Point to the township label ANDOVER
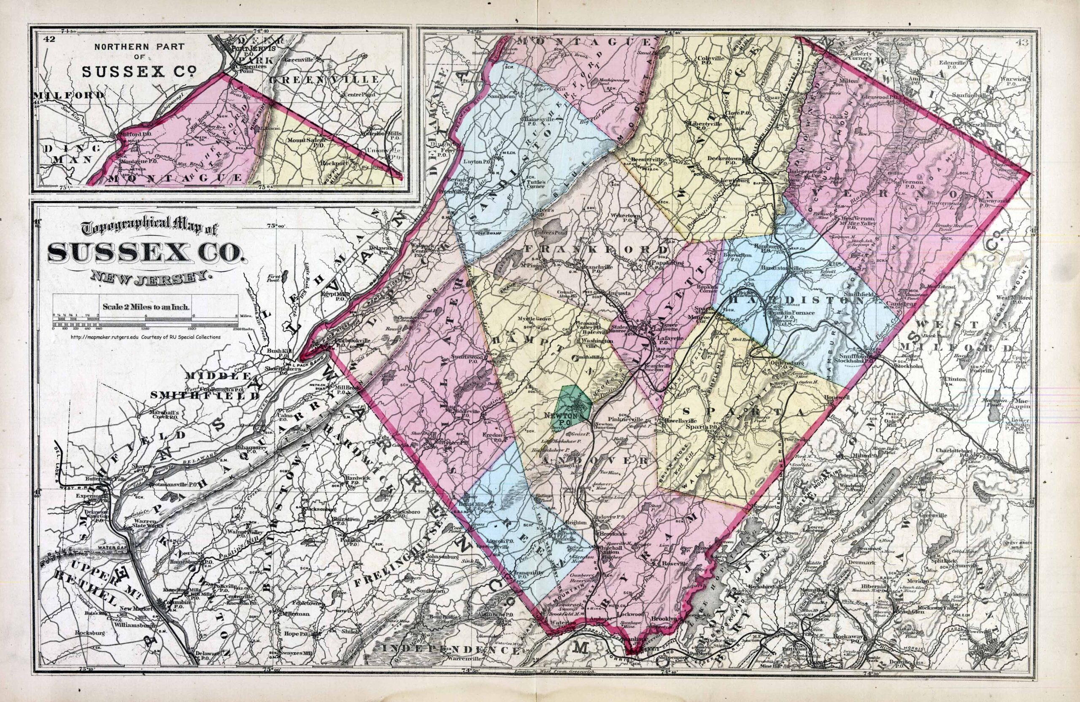593,460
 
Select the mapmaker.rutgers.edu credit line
146,337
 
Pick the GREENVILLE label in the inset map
324,79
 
